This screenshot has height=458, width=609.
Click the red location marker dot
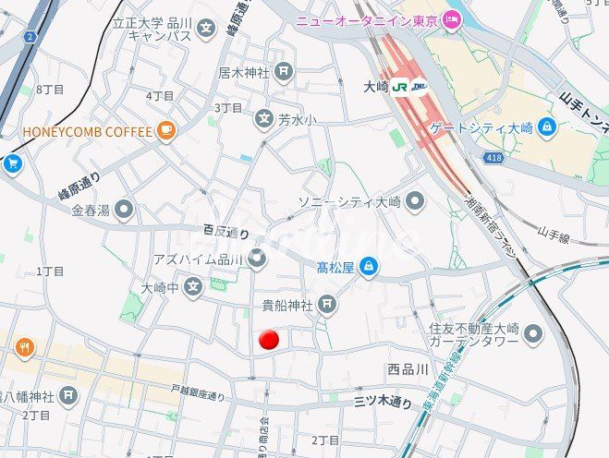269,340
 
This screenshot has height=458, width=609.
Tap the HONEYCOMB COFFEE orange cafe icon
166,131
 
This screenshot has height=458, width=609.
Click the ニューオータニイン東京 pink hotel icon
452,19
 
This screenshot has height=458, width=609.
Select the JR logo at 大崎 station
401,87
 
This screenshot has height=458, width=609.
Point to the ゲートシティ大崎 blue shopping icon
547,126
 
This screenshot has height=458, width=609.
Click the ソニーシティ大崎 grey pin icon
415,200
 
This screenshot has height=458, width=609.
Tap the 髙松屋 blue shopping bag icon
369,268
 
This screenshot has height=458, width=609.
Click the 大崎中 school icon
193,289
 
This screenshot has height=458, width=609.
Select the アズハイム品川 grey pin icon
257,259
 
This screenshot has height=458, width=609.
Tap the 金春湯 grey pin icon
124,210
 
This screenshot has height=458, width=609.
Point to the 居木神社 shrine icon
284,71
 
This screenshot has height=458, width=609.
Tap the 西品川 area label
408,369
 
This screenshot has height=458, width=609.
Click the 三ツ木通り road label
384,402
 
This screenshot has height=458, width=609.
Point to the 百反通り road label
226,234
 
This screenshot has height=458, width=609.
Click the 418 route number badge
493,159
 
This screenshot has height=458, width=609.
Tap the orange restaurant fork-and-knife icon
24,348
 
